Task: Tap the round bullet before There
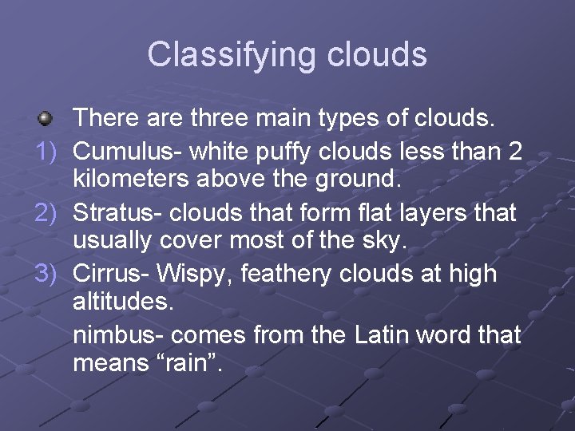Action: (x=46, y=120)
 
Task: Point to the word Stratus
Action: (x=113, y=213)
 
